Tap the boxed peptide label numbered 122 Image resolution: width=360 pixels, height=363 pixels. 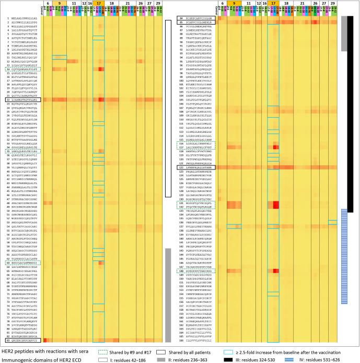pos(197,167)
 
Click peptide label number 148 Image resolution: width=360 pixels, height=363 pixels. pos(197,271)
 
